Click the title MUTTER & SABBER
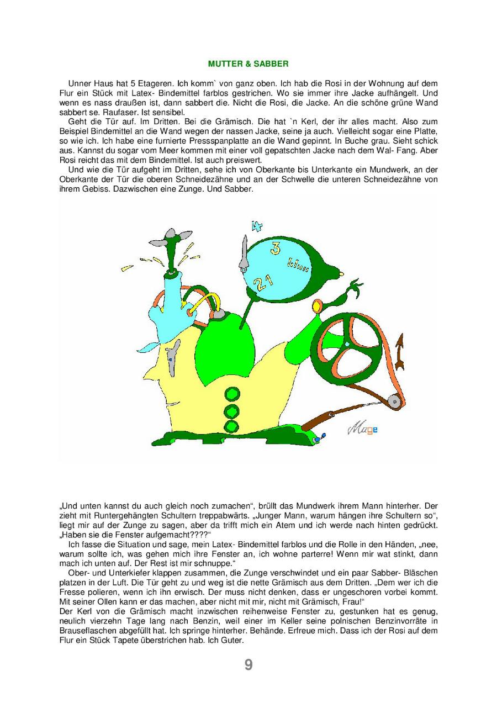click(248, 64)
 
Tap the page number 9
click(248, 665)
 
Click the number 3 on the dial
click(274, 248)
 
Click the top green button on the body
click(232, 394)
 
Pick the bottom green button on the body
click(232, 425)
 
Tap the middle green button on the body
click(232, 410)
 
